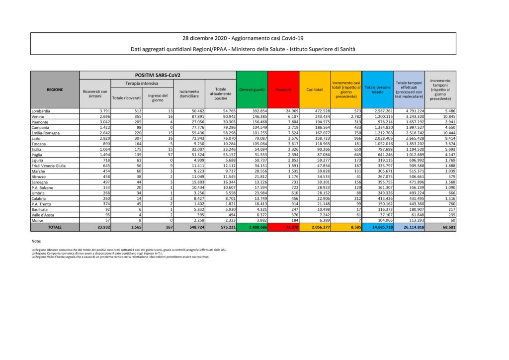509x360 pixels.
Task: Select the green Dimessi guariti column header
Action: pyautogui.click(x=252, y=90)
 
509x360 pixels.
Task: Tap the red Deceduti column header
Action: pyautogui.click(x=283, y=90)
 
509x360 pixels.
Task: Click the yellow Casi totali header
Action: pyautogui.click(x=315, y=90)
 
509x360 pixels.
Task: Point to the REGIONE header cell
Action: pyautogui.click(x=55, y=90)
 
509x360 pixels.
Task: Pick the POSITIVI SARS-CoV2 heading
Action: pyautogui.click(x=157, y=75)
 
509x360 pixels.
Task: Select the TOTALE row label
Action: pyautogui.click(x=55, y=227)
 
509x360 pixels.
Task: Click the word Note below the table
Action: pyautogui.click(x=36, y=241)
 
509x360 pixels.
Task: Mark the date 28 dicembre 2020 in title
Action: pyautogui.click(x=204, y=38)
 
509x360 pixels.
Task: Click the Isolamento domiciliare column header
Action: pyautogui.click(x=189, y=93)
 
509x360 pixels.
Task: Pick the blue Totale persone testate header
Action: pyautogui.click(x=378, y=90)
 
